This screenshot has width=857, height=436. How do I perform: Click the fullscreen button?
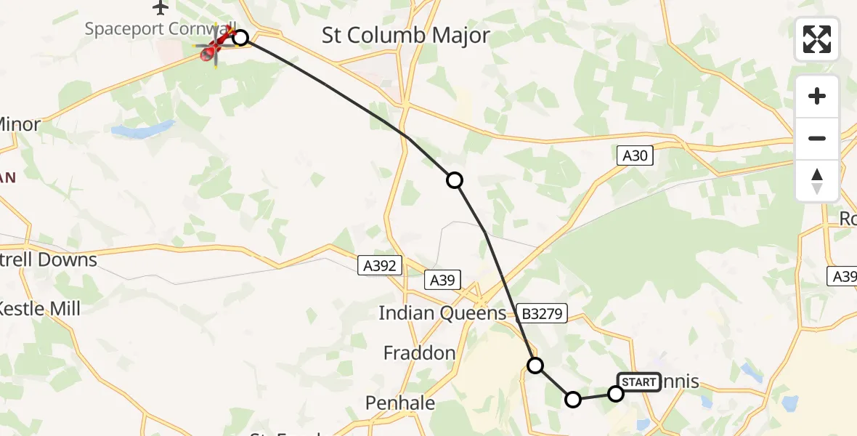817,39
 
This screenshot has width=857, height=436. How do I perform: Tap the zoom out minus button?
817,138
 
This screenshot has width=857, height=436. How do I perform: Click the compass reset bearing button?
817,181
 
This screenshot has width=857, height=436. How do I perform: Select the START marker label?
638,382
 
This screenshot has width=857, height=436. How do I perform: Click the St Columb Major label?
406,36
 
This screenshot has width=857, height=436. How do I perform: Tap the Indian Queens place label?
442,313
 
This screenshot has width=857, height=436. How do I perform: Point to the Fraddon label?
420,354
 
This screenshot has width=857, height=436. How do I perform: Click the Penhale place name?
400,403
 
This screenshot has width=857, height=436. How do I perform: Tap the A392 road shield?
379,266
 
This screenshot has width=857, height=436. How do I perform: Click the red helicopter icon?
216,48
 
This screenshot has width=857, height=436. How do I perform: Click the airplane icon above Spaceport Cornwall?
161,8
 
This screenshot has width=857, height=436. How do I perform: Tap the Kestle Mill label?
38,309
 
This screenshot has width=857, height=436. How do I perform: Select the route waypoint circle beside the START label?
616,394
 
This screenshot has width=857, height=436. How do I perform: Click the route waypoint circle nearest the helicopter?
240,38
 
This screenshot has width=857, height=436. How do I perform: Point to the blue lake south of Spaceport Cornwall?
143,131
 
